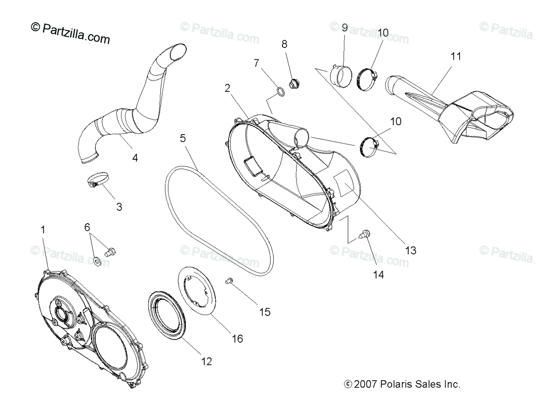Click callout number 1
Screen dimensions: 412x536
[43, 229]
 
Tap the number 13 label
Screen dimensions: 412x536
[410, 250]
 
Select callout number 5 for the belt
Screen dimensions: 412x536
[183, 138]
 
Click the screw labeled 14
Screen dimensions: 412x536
[364, 234]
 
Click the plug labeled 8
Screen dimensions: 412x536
[294, 83]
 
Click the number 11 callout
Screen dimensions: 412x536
[456, 56]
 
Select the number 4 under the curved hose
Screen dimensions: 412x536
[134, 157]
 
